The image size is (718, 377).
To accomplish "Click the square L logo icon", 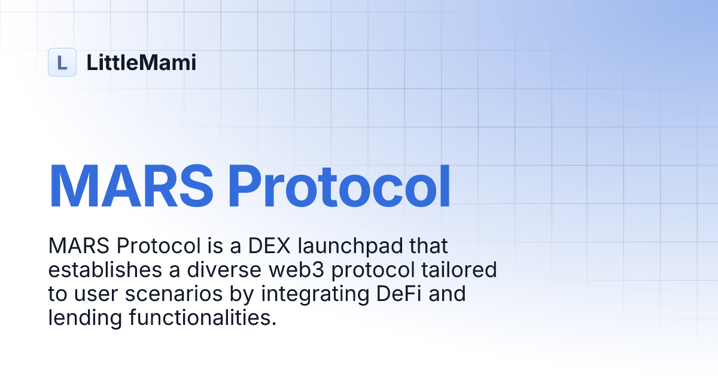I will tap(62, 62).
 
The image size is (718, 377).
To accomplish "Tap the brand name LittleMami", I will tap(141, 62).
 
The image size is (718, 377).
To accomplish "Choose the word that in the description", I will tap(430, 246).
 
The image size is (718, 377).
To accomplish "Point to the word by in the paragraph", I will tap(239, 294).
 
